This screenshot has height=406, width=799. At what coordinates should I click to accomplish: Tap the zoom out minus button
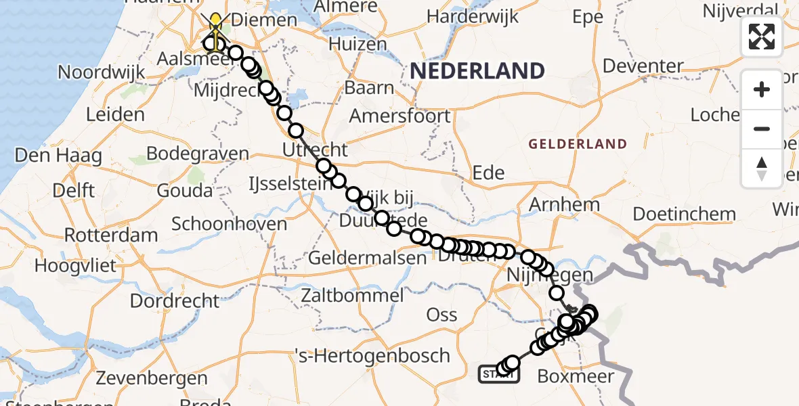pos(762,129)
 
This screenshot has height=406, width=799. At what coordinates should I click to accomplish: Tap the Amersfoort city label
pos(399,115)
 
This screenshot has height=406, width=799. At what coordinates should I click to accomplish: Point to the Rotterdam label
pos(111,235)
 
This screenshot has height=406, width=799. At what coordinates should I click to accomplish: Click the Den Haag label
pos(58,156)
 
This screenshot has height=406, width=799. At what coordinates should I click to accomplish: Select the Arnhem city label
pos(564,204)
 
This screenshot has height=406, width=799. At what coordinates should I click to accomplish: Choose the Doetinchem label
pos(684,215)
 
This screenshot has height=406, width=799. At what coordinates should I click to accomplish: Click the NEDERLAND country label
pos(477,70)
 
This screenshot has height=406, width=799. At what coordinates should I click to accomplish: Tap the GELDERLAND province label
pos(578,143)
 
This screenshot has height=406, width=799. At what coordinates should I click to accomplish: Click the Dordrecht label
pos(175,300)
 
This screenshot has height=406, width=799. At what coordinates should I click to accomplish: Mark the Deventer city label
pos(643,66)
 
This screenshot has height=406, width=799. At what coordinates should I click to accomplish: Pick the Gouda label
pos(184,190)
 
